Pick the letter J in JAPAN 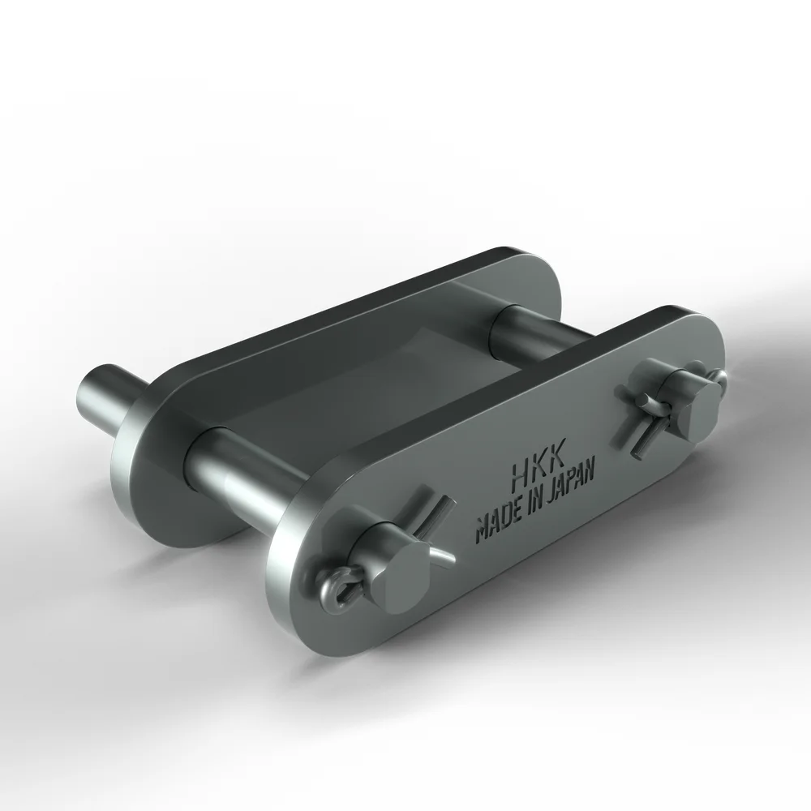(x=552, y=494)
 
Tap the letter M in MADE (x=482, y=533)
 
